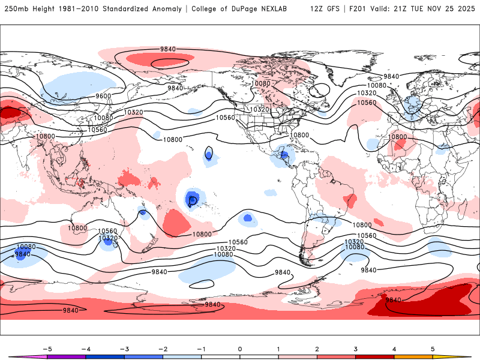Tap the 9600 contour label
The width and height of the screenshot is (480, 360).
(x=103, y=96)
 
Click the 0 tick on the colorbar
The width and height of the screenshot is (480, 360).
(x=240, y=348)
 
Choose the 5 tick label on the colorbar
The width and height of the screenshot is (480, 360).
(x=433, y=348)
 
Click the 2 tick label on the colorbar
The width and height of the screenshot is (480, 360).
(x=317, y=348)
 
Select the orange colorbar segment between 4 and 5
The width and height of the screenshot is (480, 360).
(x=413, y=356)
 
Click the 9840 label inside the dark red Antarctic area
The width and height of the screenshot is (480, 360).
(x=393, y=299)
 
